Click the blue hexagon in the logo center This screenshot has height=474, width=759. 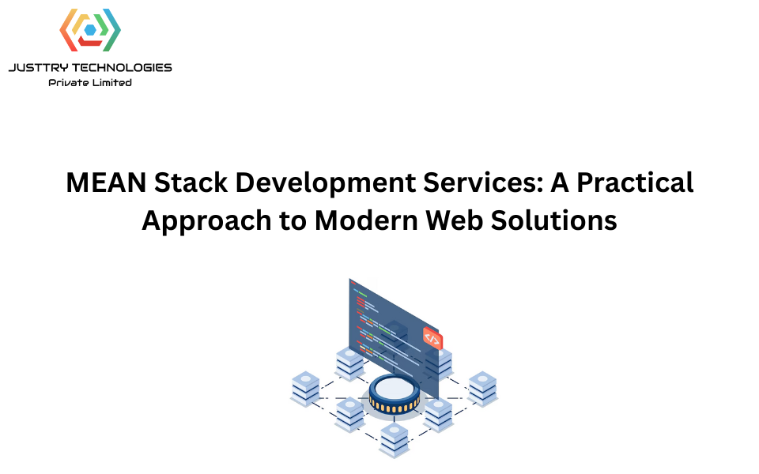(x=90, y=29)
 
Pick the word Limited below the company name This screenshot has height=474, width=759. (x=111, y=83)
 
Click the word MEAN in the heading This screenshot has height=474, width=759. (x=106, y=182)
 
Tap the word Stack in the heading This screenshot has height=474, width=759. (x=191, y=182)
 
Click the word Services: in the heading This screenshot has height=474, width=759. (x=483, y=182)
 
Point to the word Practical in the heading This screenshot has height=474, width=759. (x=635, y=182)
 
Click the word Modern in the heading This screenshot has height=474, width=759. (x=366, y=220)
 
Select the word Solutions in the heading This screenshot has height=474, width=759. (x=553, y=220)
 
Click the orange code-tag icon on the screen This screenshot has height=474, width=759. (x=432, y=338)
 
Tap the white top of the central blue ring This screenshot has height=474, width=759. (x=395, y=387)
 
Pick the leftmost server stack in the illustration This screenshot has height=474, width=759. (x=305, y=389)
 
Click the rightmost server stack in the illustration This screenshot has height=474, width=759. (x=483, y=389)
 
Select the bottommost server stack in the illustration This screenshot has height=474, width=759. (x=394, y=440)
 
